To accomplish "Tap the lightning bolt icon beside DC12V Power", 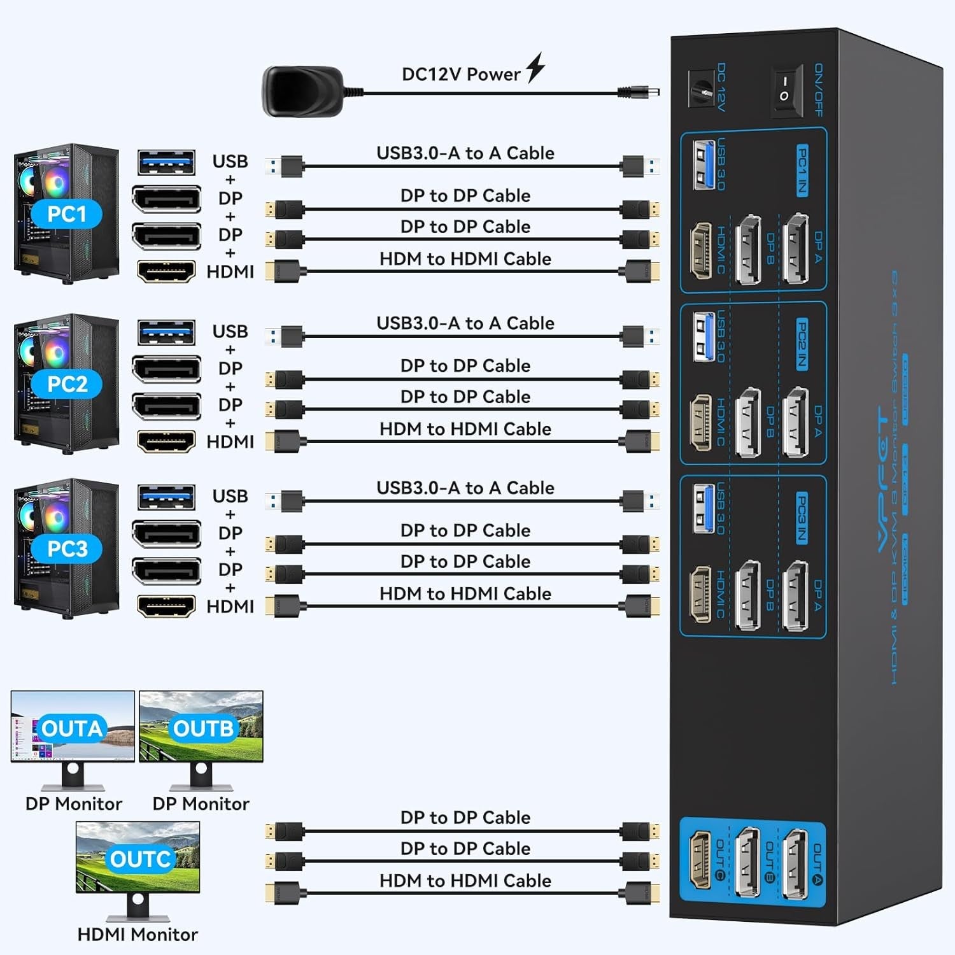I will [x=535, y=67].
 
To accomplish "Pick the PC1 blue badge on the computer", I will [x=67, y=214].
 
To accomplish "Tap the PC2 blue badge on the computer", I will [x=67, y=384].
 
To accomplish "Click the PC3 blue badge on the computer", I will [x=67, y=548].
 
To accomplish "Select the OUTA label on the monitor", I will [x=72, y=728].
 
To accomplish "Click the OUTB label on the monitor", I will [x=203, y=728].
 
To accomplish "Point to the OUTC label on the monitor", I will [x=140, y=859].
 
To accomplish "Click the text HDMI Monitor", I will [x=138, y=935].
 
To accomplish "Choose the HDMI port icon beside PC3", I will [x=166, y=606].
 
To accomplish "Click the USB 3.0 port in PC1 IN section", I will [x=704, y=164].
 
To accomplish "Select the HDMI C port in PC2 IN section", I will [x=701, y=422].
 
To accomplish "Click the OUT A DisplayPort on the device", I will [x=795, y=864].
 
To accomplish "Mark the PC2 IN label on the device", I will [x=802, y=344].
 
